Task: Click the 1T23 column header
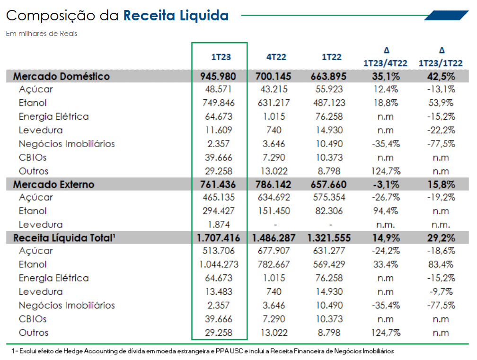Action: [221, 57]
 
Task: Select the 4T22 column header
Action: [276, 57]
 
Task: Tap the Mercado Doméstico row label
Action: [61, 76]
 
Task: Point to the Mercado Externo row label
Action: [53, 184]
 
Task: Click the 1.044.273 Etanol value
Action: [218, 264]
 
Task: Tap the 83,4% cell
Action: [441, 264]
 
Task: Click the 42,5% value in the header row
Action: [441, 76]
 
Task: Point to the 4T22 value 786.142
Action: [274, 184]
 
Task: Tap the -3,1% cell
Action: [385, 184]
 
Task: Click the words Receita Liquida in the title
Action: [176, 16]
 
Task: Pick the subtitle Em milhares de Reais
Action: [41, 34]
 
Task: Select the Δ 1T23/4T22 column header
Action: [385, 57]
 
